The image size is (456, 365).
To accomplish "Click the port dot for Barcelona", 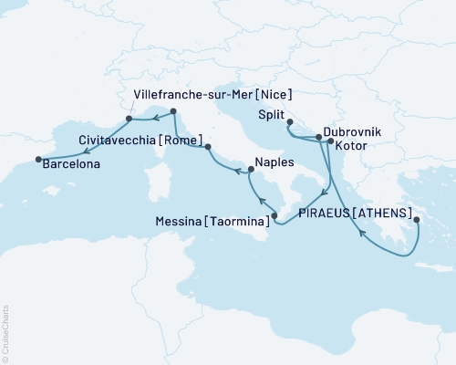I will pyautogui.click(x=38, y=160).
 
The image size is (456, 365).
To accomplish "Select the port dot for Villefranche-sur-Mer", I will pyautogui.click(x=129, y=119).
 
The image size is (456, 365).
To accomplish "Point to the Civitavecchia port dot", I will pyautogui.click(x=208, y=147).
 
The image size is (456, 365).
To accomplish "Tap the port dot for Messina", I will pyautogui.click(x=275, y=215).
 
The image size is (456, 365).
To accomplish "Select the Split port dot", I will pyautogui.click(x=289, y=122).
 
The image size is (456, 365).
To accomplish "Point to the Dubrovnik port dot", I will pyautogui.click(x=318, y=138).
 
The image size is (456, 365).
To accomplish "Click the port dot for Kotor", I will pyautogui.click(x=330, y=141).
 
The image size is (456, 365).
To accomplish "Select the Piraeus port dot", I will pyautogui.click(x=416, y=219).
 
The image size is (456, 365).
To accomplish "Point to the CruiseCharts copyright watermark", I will pyautogui.click(x=5, y=333).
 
